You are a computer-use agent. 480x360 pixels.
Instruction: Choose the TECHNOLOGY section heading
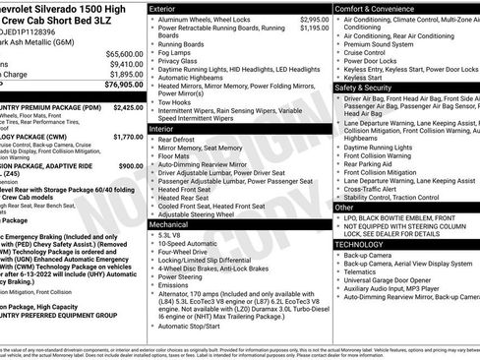tap(362, 243)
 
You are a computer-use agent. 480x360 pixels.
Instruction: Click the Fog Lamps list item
tap(178, 54)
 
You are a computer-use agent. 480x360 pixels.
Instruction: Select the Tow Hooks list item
tap(178, 101)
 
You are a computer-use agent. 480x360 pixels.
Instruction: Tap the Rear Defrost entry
tap(182, 141)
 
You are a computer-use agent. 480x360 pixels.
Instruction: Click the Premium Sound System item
tap(379, 44)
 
